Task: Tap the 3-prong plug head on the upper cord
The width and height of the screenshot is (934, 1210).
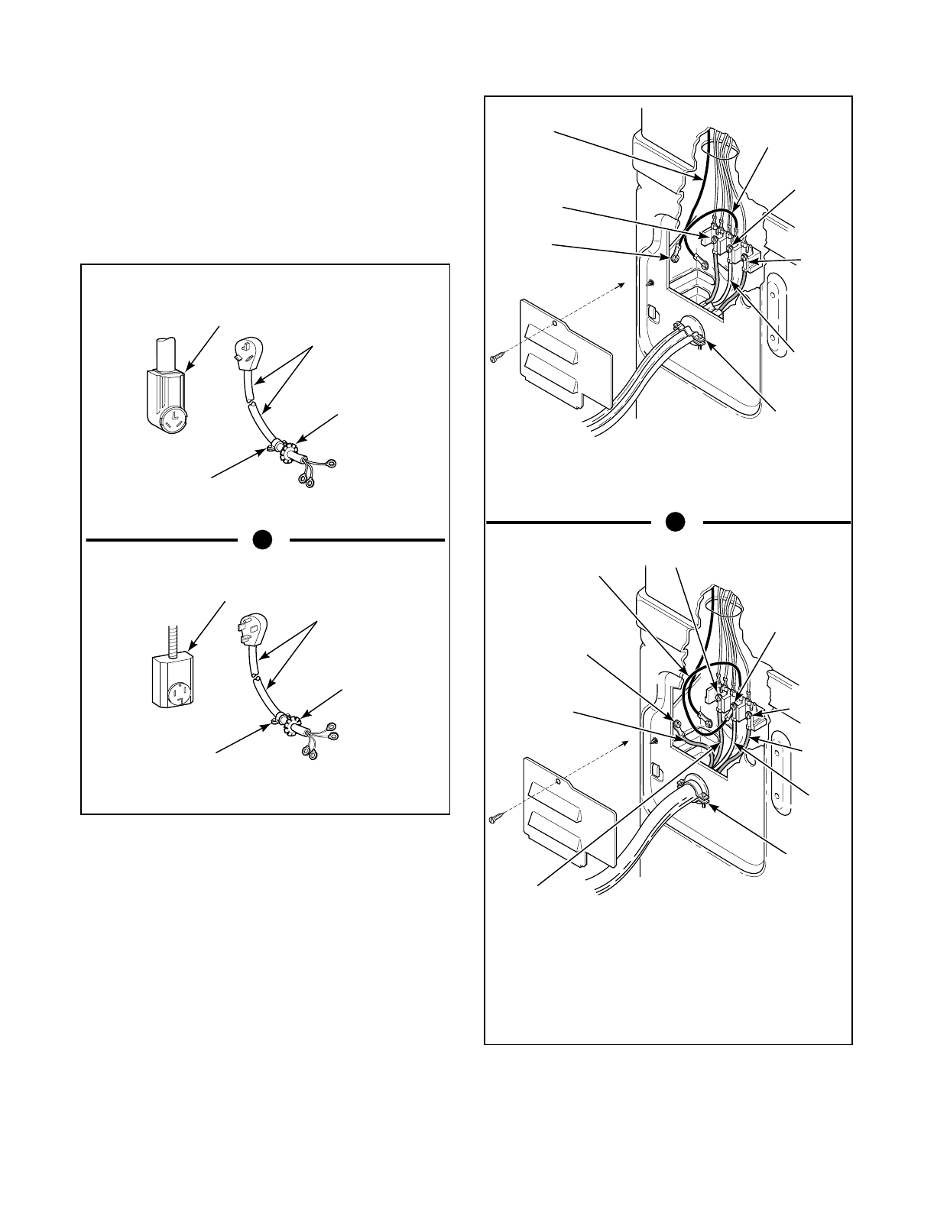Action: point(244,350)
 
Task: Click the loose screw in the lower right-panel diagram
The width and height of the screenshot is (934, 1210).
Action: point(496,819)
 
